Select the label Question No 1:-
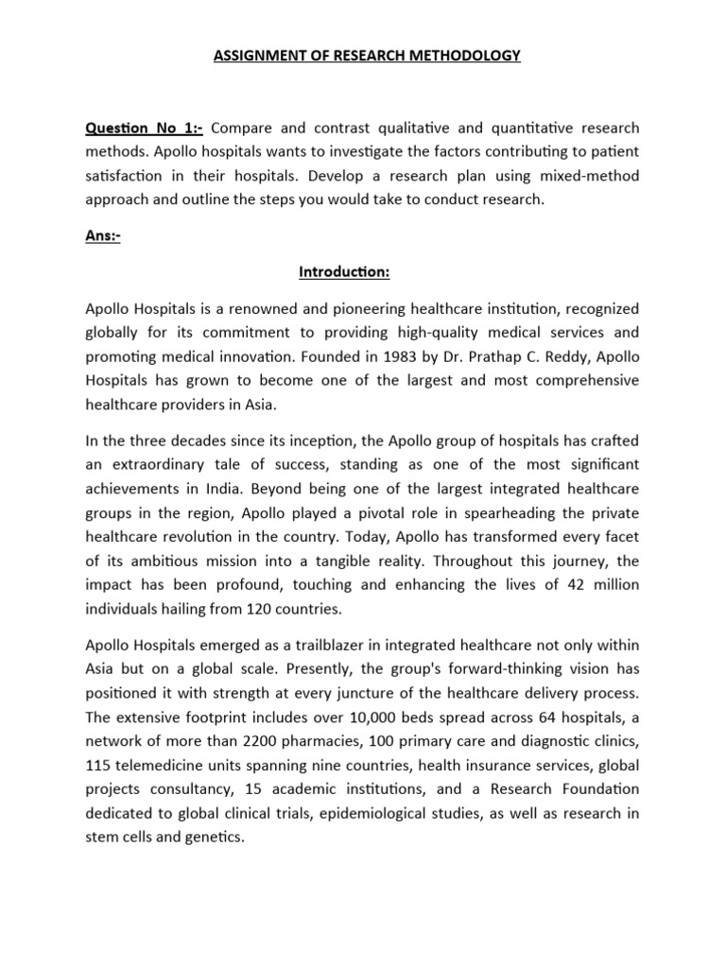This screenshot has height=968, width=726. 145,128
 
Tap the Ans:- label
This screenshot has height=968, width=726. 103,236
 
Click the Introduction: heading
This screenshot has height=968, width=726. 344,272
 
